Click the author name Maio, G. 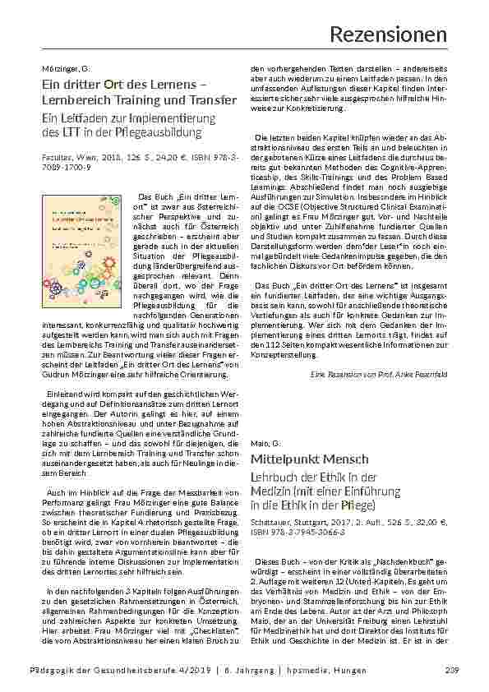tap(261, 444)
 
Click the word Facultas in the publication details tap(57, 155)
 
